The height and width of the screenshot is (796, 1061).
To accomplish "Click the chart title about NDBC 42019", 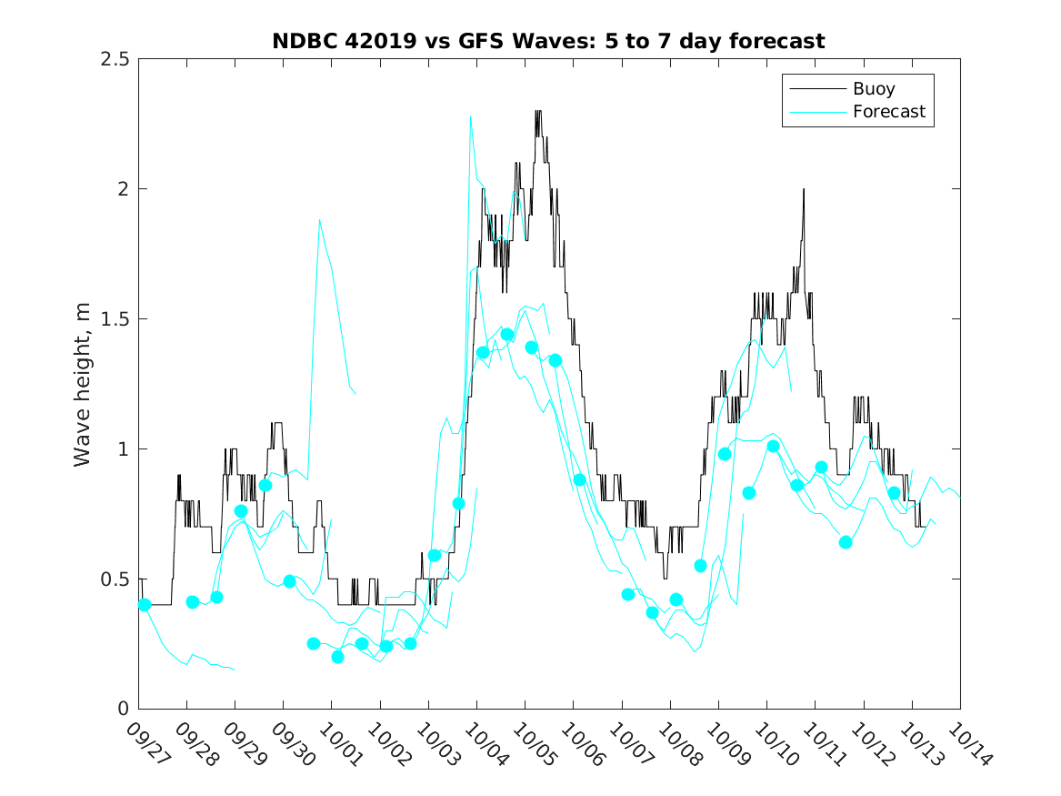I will click(x=548, y=41).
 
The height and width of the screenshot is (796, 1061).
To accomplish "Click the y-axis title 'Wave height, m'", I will click(x=83, y=384).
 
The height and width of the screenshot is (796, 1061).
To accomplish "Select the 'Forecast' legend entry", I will click(x=888, y=112).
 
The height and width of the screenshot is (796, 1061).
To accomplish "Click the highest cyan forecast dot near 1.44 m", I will click(x=507, y=335).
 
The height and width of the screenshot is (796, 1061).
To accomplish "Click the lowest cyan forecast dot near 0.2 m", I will click(x=337, y=657).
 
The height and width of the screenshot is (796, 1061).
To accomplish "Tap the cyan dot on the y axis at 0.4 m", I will click(x=144, y=605).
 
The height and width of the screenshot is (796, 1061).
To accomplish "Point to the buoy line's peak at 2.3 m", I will click(x=537, y=111).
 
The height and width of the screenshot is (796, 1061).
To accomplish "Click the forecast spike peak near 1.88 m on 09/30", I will click(x=319, y=220).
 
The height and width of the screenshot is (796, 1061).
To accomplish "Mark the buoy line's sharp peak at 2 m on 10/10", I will click(x=804, y=189).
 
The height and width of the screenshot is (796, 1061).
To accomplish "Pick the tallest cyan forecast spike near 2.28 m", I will click(x=470, y=116).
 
